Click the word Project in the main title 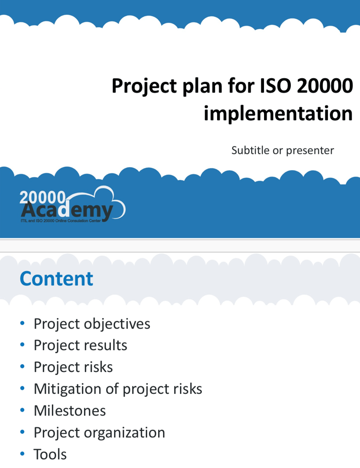[142, 87]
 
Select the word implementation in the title [278, 113]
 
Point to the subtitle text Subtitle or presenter [282, 150]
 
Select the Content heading [56, 279]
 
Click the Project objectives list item [91, 324]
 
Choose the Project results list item [80, 345]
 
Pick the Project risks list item [73, 367]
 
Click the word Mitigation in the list [68, 389]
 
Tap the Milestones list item [70, 411]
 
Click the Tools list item [50, 454]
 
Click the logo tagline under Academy [61, 221]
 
